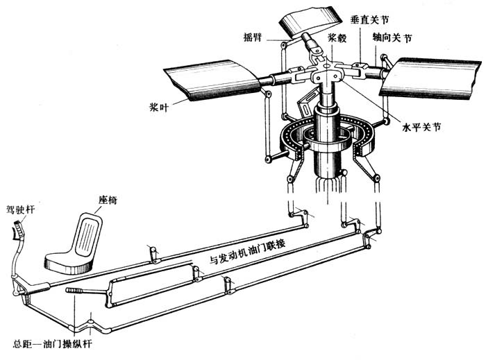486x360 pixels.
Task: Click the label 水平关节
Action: [x=423, y=128]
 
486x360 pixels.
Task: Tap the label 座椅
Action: [x=108, y=200]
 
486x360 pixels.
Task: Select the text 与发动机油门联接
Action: [x=251, y=261]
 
